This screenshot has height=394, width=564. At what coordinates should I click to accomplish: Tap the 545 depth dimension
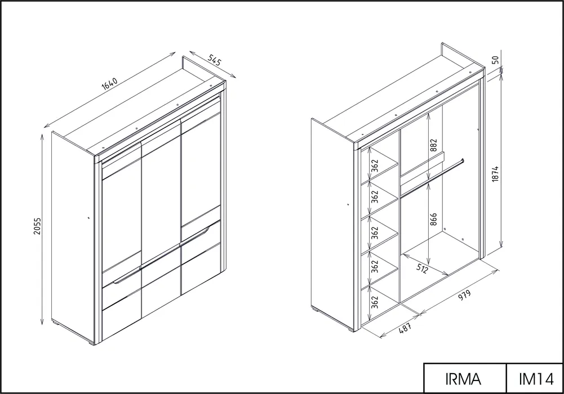tap(214, 60)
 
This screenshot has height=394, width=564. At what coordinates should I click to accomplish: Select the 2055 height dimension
tap(37, 226)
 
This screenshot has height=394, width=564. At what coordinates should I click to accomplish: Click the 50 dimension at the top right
tap(495, 60)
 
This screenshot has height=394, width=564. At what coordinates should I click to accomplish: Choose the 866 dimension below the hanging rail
tap(433, 220)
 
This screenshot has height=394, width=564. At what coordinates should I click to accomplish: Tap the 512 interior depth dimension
tap(421, 267)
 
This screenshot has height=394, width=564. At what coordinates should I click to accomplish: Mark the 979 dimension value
tap(464, 295)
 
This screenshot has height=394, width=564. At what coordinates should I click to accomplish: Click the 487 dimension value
tap(405, 328)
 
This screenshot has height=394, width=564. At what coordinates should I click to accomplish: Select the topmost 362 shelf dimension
tap(375, 165)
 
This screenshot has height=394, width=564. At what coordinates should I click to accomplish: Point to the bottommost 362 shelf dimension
tap(375, 302)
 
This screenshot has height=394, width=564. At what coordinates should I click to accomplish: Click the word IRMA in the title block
tap(463, 379)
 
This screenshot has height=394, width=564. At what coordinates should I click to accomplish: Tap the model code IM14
tap(536, 379)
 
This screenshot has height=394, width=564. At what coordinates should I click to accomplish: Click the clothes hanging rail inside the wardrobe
tap(432, 178)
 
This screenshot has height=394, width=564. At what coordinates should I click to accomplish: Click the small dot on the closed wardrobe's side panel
tap(88, 217)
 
